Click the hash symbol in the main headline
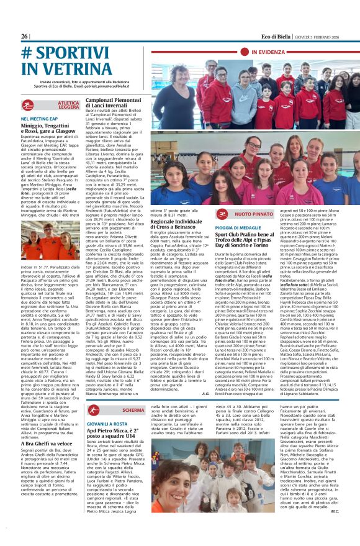[27, 53]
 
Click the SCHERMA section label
[133, 411]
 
